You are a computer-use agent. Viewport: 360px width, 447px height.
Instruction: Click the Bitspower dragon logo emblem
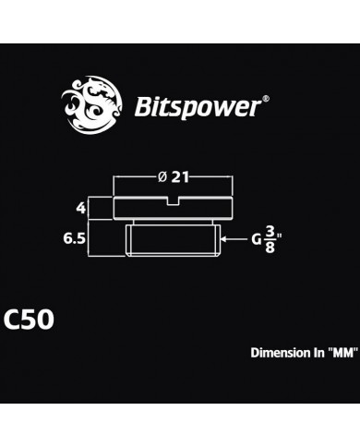point(89,107)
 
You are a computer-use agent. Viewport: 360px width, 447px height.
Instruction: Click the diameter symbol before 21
point(164,175)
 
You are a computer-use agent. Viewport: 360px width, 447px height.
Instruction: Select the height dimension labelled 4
point(81,209)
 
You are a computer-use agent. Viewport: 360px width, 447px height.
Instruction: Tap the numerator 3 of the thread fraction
point(270,231)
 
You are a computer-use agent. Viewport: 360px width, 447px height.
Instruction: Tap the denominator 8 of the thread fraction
point(270,247)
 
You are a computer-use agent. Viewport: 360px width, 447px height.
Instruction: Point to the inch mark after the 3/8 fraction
point(280,236)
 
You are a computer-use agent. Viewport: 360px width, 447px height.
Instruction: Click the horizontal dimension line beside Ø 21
point(134,175)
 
